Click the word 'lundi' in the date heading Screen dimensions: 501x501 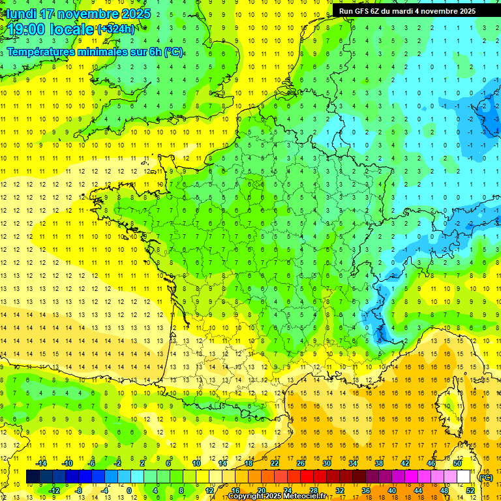(x=22, y=14)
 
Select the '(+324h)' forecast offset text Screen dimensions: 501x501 (x=116, y=29)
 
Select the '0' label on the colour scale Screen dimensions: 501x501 (x=129, y=491)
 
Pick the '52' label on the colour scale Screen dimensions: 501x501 (x=470, y=491)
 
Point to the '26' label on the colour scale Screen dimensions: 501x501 (x=301, y=463)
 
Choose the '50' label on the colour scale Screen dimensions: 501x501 (x=457, y=463)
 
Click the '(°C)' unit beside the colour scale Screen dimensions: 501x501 (x=485, y=478)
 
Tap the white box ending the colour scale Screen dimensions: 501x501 (x=463, y=477)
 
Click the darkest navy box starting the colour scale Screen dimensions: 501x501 (x=33, y=477)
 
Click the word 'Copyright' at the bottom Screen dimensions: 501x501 (x=247, y=496)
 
